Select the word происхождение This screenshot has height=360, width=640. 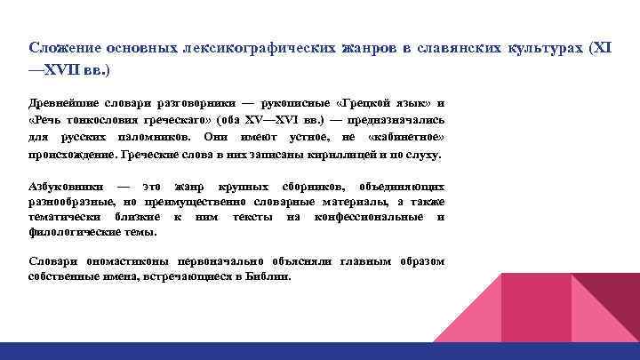pyautogui.click(x=73, y=155)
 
